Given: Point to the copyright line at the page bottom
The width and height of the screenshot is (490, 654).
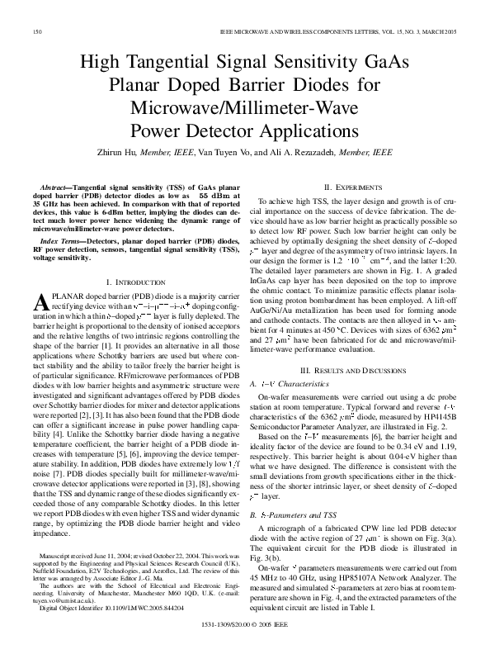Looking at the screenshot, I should (245, 638).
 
